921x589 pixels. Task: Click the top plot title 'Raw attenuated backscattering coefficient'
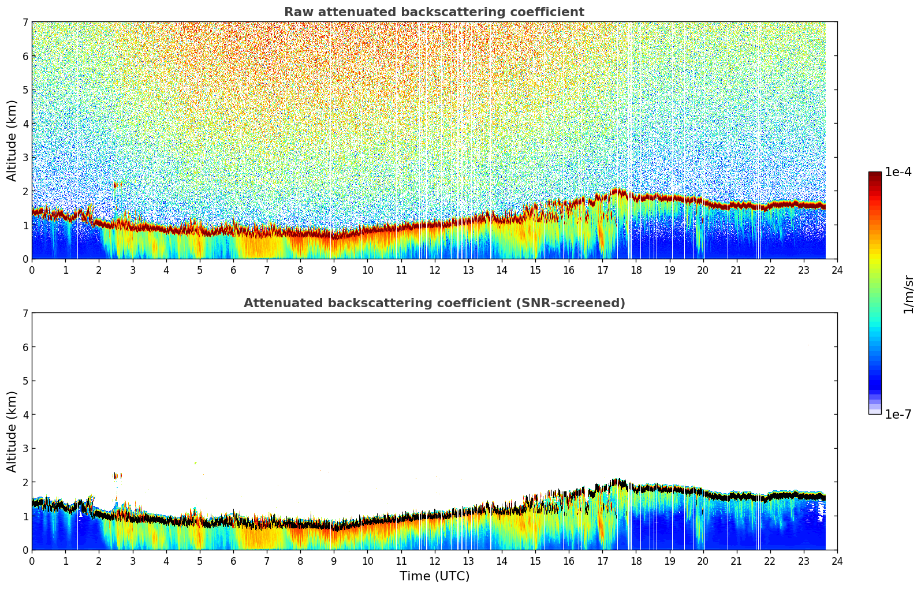tap(434, 12)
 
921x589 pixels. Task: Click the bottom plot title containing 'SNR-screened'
tap(434, 303)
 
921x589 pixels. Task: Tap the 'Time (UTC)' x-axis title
tap(434, 576)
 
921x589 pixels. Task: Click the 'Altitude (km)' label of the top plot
tap(12, 140)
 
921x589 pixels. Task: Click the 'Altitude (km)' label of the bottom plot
tap(12, 431)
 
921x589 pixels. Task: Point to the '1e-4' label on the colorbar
tap(898, 172)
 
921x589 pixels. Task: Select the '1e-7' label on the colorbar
tap(898, 415)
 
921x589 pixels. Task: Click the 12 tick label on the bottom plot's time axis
tap(434, 561)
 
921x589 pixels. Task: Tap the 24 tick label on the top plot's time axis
tap(837, 270)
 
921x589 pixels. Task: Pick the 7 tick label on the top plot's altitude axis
tap(25, 23)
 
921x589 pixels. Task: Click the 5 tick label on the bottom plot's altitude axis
tap(25, 381)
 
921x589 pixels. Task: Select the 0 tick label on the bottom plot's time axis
tap(32, 561)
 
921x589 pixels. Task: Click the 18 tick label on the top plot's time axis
tap(636, 270)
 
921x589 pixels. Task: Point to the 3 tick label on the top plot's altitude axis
tap(25, 158)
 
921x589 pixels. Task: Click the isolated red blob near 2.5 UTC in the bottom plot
tap(117, 476)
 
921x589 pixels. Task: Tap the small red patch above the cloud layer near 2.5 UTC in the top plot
tap(117, 185)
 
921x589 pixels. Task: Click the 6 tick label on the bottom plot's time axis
tap(233, 561)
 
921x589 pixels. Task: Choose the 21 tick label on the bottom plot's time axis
tap(736, 561)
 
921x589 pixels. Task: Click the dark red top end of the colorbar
tap(875, 175)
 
